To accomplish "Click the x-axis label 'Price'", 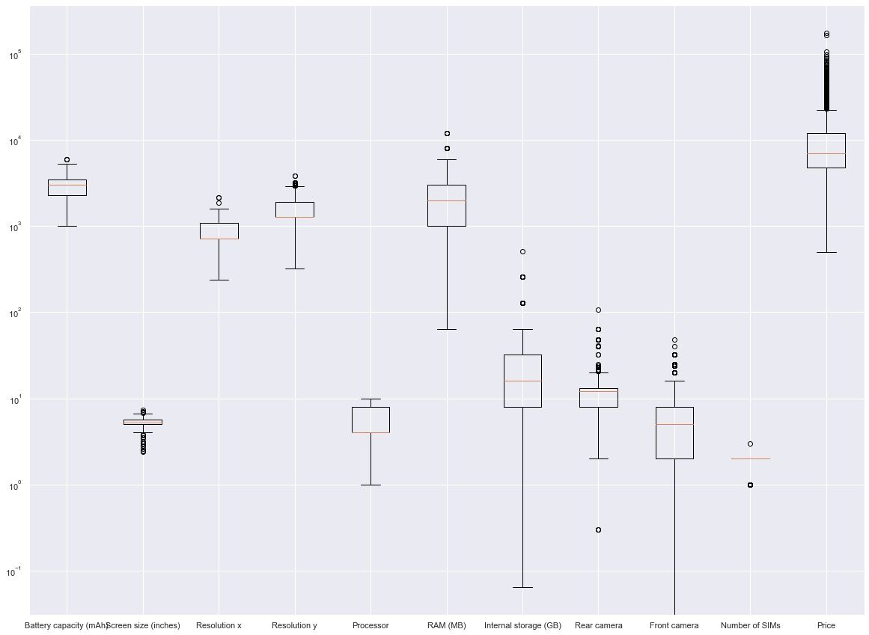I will click(x=826, y=625).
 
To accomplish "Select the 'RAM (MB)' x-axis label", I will click(x=446, y=625).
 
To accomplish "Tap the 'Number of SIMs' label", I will click(x=750, y=625).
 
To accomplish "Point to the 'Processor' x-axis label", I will click(x=371, y=625).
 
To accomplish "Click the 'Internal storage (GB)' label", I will click(x=522, y=625).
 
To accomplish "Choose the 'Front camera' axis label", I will click(x=674, y=625).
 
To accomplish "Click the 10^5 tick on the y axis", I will click(x=15, y=55).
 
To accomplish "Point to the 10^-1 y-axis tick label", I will click(x=15, y=572).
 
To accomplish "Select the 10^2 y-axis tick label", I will click(x=15, y=313).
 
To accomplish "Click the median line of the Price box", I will click(x=826, y=153).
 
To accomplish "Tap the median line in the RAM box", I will click(x=446, y=200).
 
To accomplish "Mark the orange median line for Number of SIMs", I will click(x=750, y=458).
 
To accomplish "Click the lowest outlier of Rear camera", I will click(x=598, y=530).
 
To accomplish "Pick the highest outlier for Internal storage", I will click(x=522, y=251).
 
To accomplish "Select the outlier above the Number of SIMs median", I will click(x=750, y=444).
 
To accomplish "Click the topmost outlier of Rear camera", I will click(x=598, y=310).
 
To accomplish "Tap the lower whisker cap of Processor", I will click(x=371, y=485).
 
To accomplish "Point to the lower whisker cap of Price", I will click(x=826, y=252).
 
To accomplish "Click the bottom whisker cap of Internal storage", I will click(x=522, y=587).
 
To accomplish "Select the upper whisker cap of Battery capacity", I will click(x=67, y=164).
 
